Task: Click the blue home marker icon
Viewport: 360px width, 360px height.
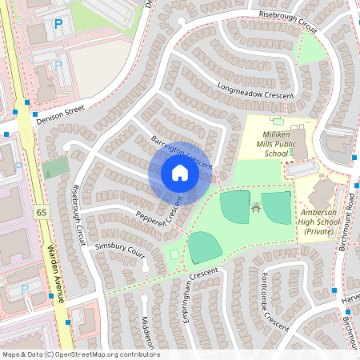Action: (179, 173)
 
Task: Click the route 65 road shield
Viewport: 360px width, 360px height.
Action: (41, 212)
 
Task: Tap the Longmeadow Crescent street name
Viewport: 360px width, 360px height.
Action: (255, 89)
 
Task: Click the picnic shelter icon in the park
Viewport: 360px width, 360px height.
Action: (256, 207)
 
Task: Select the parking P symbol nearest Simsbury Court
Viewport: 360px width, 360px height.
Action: (25, 287)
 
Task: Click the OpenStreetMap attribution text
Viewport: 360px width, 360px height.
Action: (80, 354)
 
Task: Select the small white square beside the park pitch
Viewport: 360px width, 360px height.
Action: (175, 254)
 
